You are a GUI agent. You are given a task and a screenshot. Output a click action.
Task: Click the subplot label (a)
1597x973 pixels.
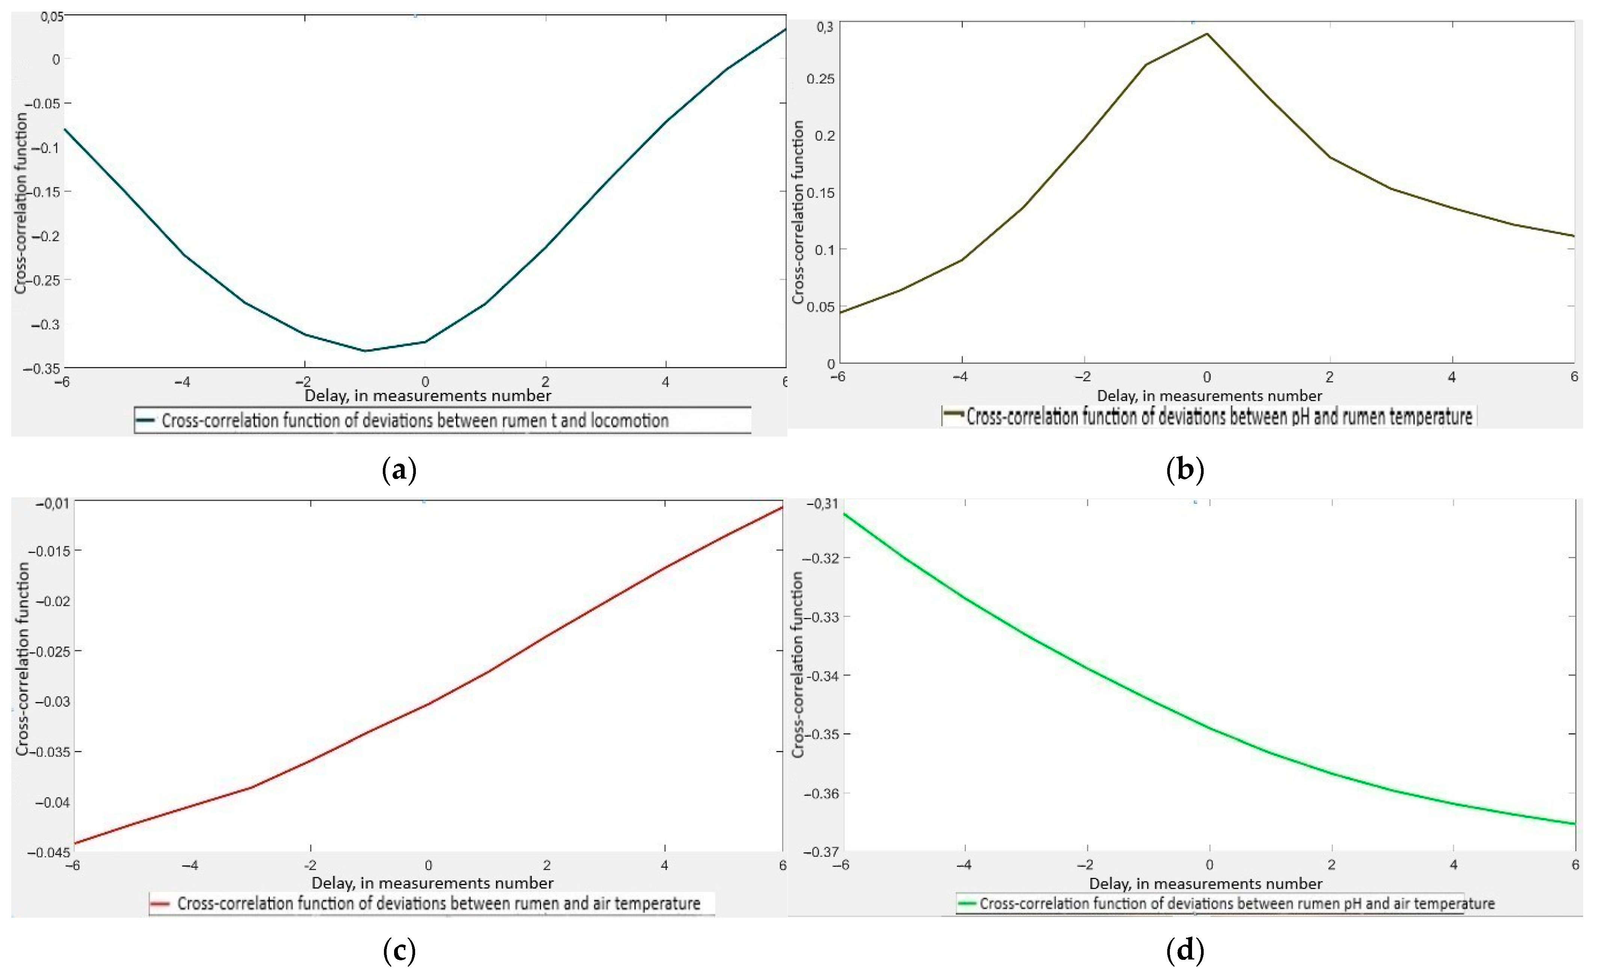[x=399, y=469]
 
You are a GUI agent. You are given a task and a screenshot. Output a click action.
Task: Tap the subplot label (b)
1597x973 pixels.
[x=1185, y=469]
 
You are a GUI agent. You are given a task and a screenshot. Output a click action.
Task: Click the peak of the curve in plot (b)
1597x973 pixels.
[x=1207, y=34]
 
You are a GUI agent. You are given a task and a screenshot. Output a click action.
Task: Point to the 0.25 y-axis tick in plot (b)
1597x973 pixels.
[x=820, y=79]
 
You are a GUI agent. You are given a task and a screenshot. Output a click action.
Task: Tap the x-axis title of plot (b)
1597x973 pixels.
[x=1209, y=396]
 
